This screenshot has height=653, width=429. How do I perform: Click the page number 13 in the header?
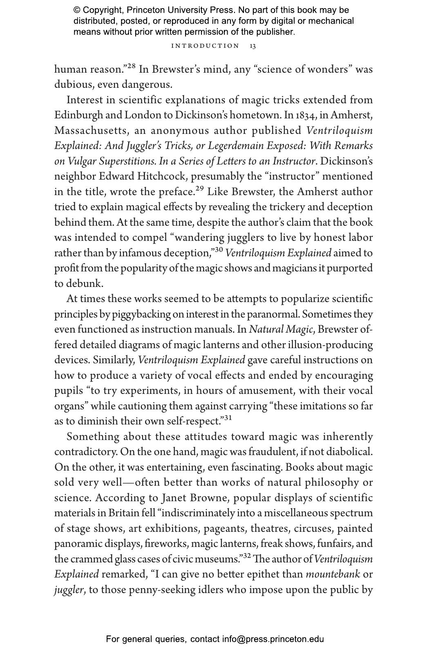coord(253,46)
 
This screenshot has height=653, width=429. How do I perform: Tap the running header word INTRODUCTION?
coord(205,46)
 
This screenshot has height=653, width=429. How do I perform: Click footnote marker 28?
coord(131,66)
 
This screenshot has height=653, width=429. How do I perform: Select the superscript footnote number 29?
coord(200,189)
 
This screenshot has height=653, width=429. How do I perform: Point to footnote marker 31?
coord(228,418)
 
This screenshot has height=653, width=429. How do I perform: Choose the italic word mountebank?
coord(333,575)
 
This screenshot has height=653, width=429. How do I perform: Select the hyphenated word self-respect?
coord(194,422)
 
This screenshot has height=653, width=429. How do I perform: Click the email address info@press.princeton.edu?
coord(273,640)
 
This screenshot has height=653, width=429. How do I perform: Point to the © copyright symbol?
coord(77,10)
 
